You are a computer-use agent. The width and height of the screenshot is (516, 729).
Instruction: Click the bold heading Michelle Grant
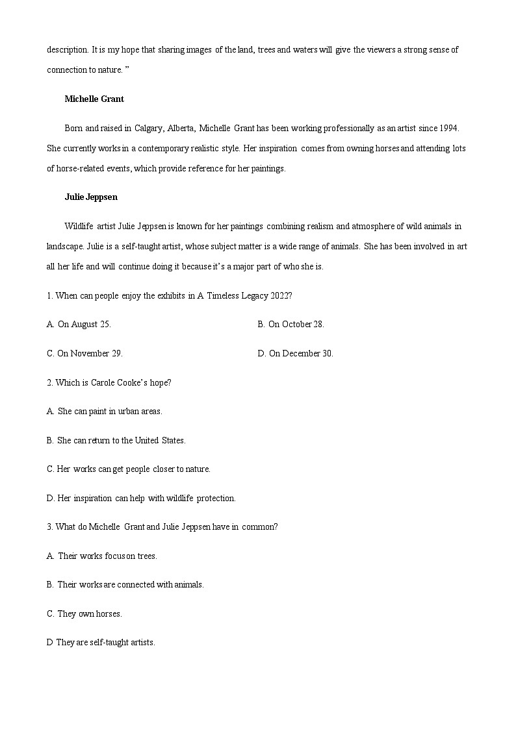click(x=94, y=99)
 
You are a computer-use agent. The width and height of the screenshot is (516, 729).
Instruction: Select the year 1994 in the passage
click(x=449, y=129)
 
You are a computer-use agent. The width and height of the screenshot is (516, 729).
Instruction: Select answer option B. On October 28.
click(x=290, y=324)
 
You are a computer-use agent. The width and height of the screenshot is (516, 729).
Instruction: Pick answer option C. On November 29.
click(x=84, y=353)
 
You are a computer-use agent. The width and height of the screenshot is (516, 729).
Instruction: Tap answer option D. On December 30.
click(x=295, y=353)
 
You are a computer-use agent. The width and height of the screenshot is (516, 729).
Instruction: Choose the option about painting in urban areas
click(x=105, y=411)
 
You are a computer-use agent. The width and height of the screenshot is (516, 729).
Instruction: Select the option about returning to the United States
click(x=116, y=440)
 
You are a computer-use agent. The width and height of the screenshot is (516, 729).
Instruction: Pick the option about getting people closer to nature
click(x=129, y=469)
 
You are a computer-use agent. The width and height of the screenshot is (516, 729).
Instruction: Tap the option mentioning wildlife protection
click(x=141, y=498)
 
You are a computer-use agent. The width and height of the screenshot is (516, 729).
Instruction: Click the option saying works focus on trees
click(x=102, y=556)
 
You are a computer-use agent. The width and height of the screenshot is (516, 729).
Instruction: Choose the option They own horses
click(x=84, y=613)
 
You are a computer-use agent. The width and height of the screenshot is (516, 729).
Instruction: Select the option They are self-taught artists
click(x=101, y=643)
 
